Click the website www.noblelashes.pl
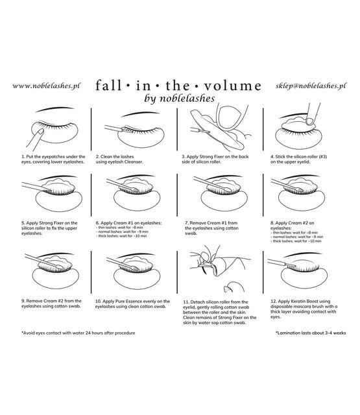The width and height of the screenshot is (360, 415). click(x=45, y=86)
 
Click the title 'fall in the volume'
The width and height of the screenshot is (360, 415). click(x=179, y=86)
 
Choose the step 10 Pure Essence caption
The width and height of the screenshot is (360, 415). click(x=133, y=304)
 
